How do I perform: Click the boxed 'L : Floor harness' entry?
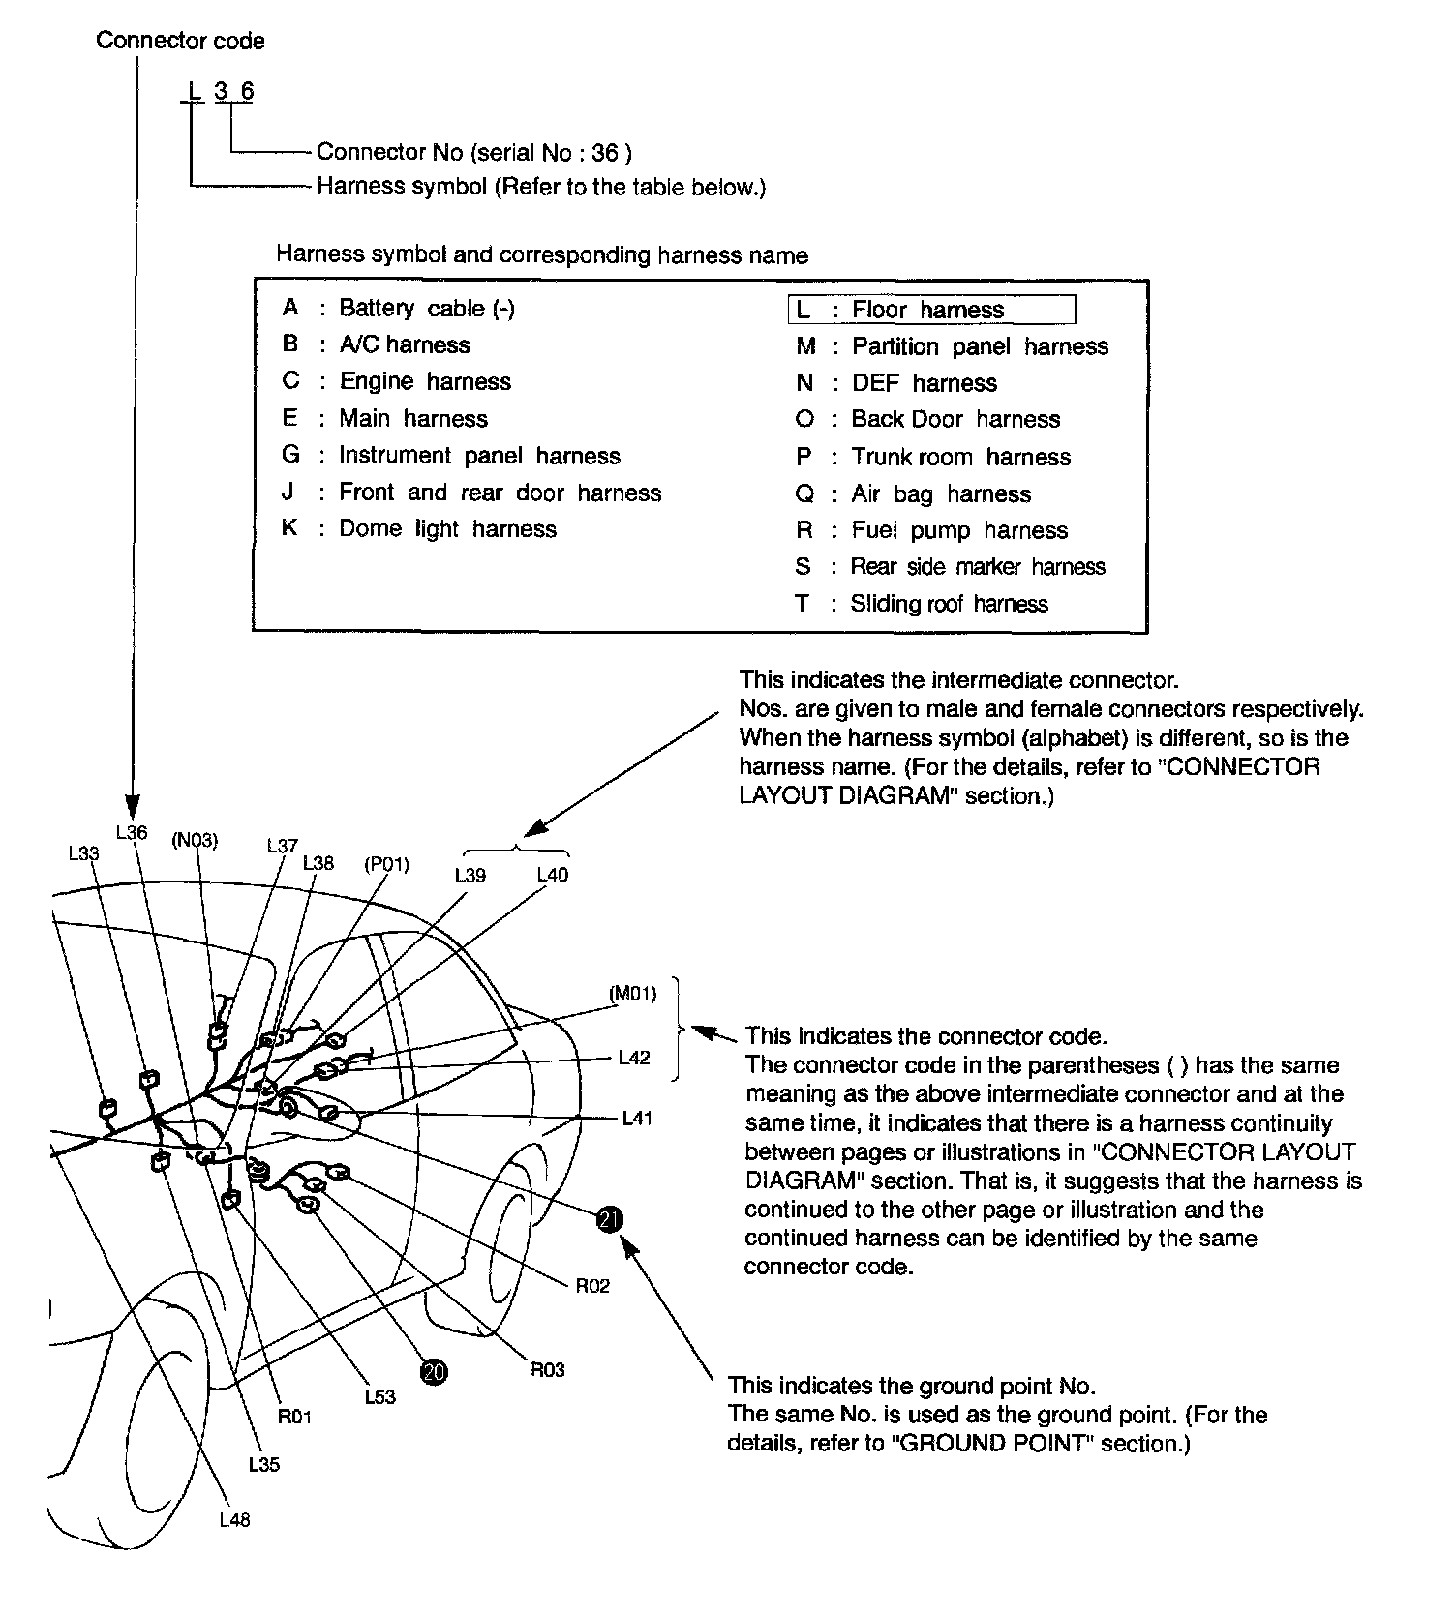click(930, 310)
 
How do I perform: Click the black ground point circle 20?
click(434, 1371)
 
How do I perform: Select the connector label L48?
click(234, 1520)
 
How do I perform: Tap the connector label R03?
click(548, 1369)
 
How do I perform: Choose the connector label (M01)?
click(633, 993)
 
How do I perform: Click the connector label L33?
click(83, 852)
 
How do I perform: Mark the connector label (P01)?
click(386, 864)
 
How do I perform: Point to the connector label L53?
click(380, 1397)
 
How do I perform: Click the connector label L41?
click(637, 1119)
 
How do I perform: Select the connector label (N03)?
click(195, 840)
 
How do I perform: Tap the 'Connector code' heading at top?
click(180, 41)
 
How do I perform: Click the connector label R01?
click(294, 1417)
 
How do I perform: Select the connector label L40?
click(553, 875)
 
